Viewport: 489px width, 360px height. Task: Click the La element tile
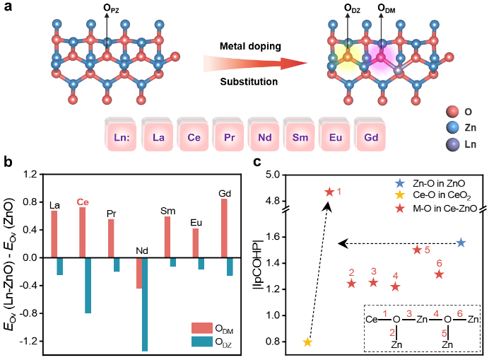[x=158, y=137]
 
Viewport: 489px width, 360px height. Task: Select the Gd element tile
[x=371, y=137]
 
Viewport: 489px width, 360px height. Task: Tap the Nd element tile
[x=265, y=137]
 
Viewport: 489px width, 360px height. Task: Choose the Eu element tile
[x=336, y=137]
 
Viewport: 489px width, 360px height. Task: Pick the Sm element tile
[x=300, y=137]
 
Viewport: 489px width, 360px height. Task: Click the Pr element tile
[x=229, y=137]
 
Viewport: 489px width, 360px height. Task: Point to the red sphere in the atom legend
[x=452, y=111]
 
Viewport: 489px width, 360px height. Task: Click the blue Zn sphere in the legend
[x=452, y=127]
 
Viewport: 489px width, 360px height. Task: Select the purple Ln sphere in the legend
[x=452, y=144]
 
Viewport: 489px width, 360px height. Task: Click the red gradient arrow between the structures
[x=254, y=64]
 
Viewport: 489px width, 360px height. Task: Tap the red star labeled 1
[x=329, y=192]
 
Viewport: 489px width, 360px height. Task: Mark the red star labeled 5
[x=417, y=250]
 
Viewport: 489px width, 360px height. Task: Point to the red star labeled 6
[x=439, y=274]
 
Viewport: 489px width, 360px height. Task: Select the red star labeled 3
[x=373, y=282]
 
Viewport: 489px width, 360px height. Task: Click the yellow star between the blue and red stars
[x=400, y=194]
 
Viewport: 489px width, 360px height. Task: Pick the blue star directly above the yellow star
[x=400, y=182]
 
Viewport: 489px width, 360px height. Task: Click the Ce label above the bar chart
[x=83, y=202]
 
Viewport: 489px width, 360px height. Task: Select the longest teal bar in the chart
[x=145, y=304]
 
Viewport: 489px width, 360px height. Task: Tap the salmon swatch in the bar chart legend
[x=202, y=328]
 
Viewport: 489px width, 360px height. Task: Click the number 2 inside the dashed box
[x=392, y=332]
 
